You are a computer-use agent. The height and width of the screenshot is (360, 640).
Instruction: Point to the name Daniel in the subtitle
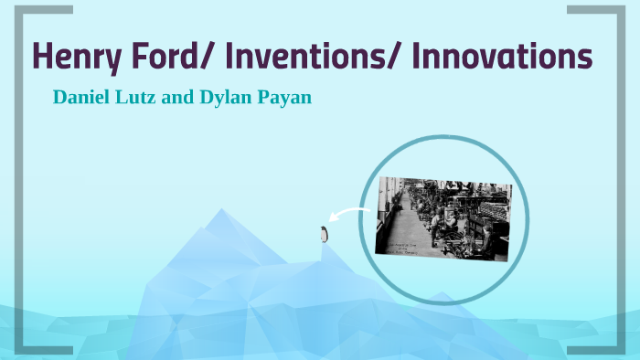click(x=80, y=97)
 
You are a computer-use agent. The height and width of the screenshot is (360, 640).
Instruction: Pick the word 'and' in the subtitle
click(x=177, y=97)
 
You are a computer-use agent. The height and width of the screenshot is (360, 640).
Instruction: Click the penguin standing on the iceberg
click(x=324, y=235)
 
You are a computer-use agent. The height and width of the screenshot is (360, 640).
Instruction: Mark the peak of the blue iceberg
click(x=220, y=212)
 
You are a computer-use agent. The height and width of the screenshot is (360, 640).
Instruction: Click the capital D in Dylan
click(x=205, y=97)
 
